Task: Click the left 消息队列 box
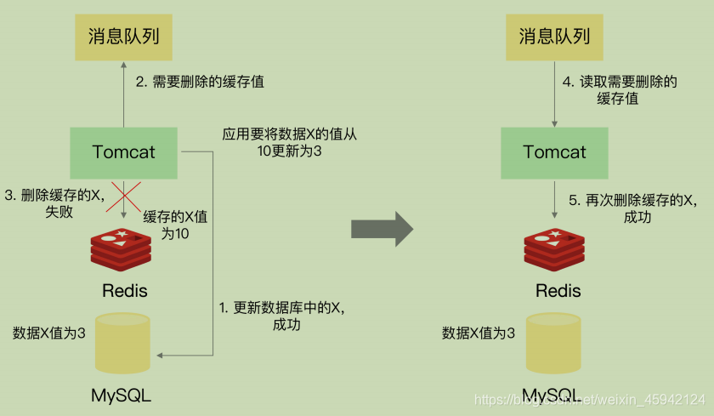point(124,37)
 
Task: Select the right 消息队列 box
point(554,37)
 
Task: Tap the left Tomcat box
point(124,153)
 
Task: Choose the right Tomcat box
point(554,153)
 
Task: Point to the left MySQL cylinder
point(123,343)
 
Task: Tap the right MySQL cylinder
point(554,343)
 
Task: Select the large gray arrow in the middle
point(382,229)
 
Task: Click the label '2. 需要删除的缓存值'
point(200,83)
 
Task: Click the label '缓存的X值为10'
point(174,225)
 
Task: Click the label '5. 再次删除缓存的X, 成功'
point(632,209)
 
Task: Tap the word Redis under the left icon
point(125,291)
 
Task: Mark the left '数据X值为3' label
point(48,333)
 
